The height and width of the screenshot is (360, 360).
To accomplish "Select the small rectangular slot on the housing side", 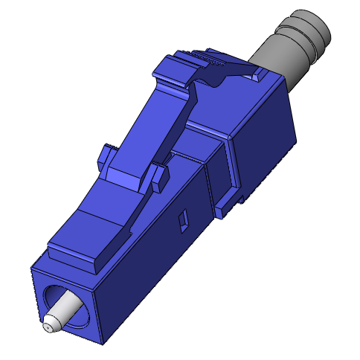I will (181, 221).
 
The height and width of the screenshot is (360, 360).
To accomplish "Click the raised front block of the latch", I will (78, 249).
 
